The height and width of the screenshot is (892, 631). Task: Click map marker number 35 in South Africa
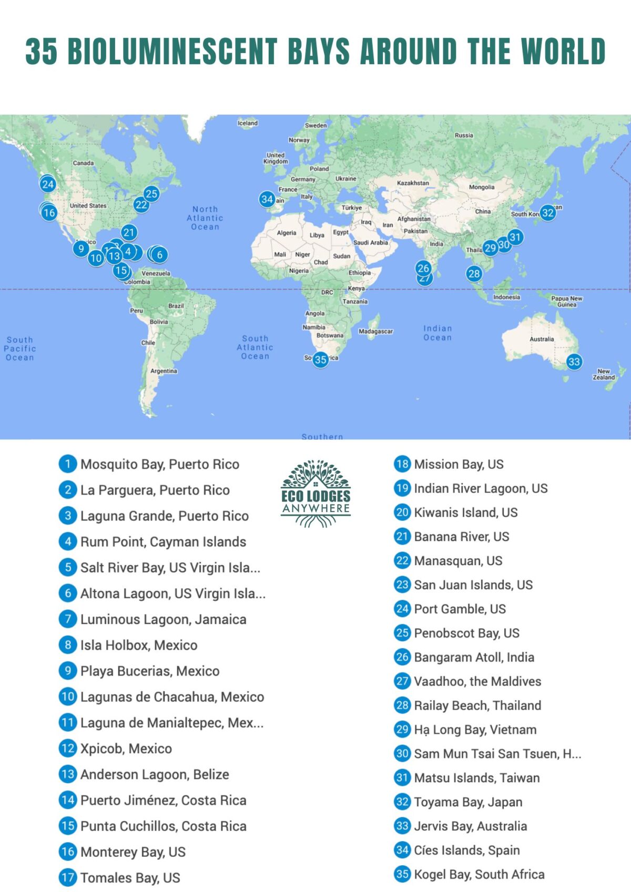pyautogui.click(x=321, y=360)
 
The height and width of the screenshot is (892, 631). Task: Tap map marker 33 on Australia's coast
pyautogui.click(x=574, y=362)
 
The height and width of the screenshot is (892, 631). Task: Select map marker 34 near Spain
pyautogui.click(x=267, y=199)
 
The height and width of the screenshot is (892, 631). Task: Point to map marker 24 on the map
pyautogui.click(x=48, y=184)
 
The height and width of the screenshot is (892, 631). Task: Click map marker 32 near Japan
pyautogui.click(x=548, y=213)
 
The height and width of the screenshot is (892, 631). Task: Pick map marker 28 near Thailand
pyautogui.click(x=474, y=273)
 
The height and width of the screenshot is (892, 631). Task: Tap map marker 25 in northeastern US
pyautogui.click(x=151, y=194)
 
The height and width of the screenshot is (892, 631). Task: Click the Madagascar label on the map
pyautogui.click(x=375, y=332)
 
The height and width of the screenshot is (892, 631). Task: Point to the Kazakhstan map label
pyautogui.click(x=413, y=183)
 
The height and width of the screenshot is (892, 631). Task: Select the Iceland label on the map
pyautogui.click(x=248, y=123)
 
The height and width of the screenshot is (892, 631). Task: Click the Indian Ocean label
pyautogui.click(x=437, y=333)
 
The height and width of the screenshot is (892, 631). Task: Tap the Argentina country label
pyautogui.click(x=164, y=371)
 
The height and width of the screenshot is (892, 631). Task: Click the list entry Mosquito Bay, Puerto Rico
pyautogui.click(x=159, y=464)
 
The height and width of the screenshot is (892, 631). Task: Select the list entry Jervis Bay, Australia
pyautogui.click(x=470, y=826)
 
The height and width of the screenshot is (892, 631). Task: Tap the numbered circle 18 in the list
pyautogui.click(x=402, y=464)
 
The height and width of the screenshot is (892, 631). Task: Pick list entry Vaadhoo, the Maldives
pyautogui.click(x=477, y=681)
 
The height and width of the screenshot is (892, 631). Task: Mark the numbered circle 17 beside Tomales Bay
pyautogui.click(x=68, y=877)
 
